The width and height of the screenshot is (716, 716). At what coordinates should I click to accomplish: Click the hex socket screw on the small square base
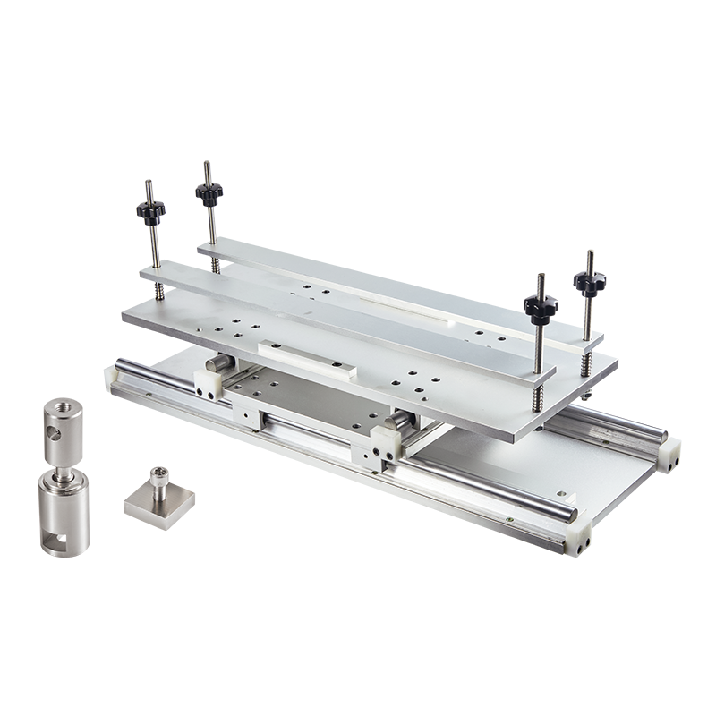tap(159, 473)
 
